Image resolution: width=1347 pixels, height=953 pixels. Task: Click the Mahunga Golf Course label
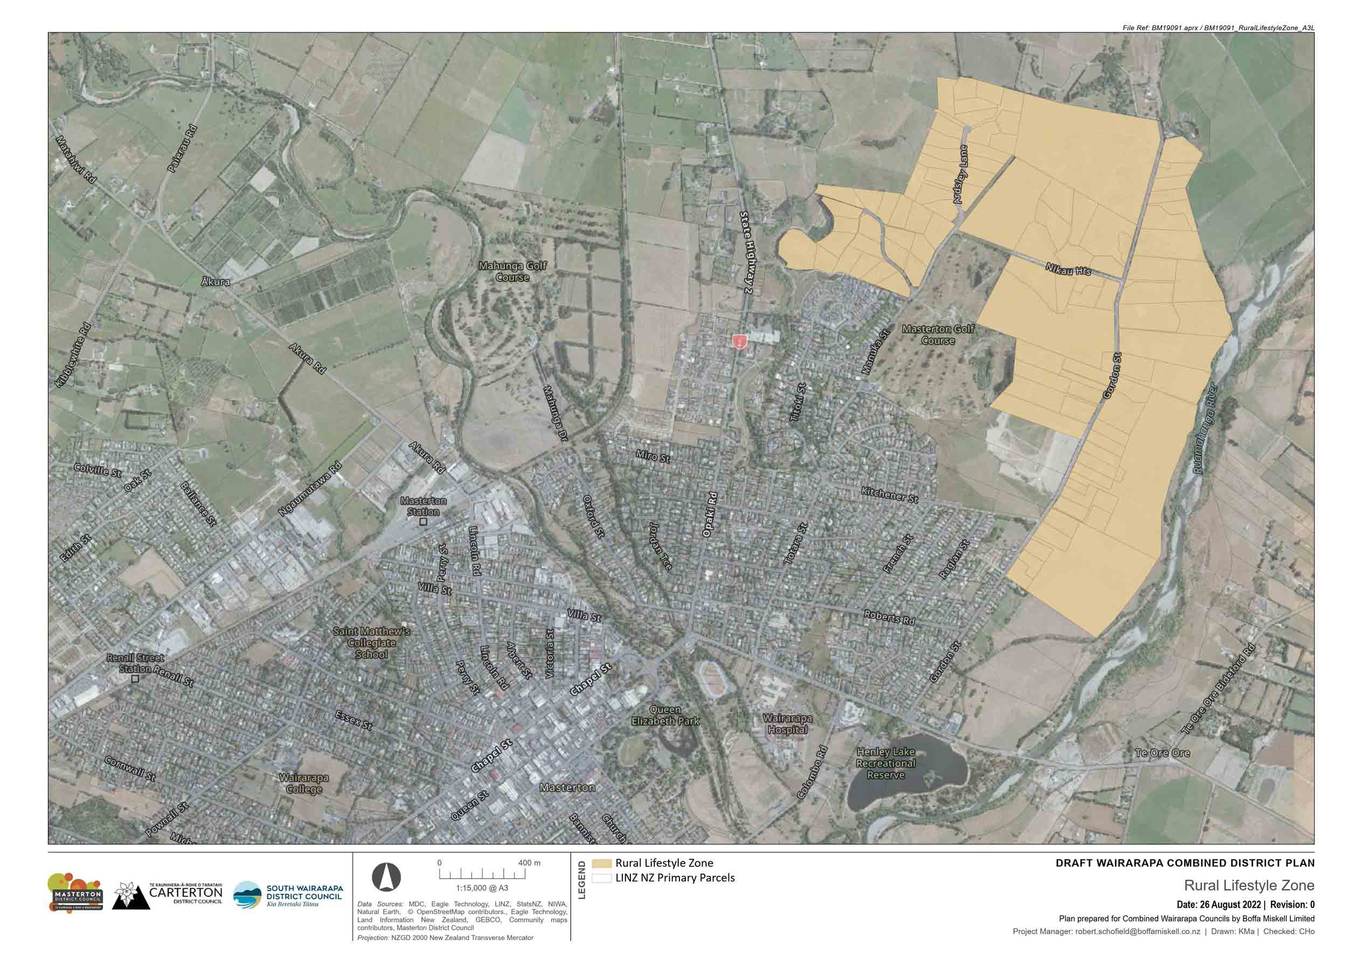[x=512, y=271]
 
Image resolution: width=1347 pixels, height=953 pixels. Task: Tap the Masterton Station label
[x=423, y=506]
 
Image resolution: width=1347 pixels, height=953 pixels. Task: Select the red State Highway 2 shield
[x=739, y=340]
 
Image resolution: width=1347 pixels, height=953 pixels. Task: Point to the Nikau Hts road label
[x=1068, y=270]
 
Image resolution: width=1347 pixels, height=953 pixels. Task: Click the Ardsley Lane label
[x=960, y=174]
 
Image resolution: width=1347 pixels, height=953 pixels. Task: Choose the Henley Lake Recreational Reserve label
[x=885, y=763]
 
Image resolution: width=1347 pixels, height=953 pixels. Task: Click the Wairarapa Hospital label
[x=787, y=723]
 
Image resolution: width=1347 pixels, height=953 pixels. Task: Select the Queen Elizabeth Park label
[x=665, y=715]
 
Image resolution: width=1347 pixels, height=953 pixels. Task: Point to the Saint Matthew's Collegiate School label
[x=371, y=643]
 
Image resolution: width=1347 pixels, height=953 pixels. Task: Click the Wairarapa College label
[x=303, y=783]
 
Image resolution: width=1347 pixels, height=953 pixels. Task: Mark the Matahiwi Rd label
[x=75, y=159]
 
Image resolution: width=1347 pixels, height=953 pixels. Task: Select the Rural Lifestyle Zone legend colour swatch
[x=601, y=863]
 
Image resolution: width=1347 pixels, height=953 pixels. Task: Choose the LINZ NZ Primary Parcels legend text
[x=675, y=878]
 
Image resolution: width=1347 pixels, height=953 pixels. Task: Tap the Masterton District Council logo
[x=75, y=892]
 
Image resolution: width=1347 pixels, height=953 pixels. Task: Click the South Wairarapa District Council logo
[x=288, y=895]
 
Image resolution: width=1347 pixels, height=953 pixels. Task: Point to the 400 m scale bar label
[x=529, y=862]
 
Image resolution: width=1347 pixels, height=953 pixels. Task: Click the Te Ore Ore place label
[x=1162, y=753]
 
